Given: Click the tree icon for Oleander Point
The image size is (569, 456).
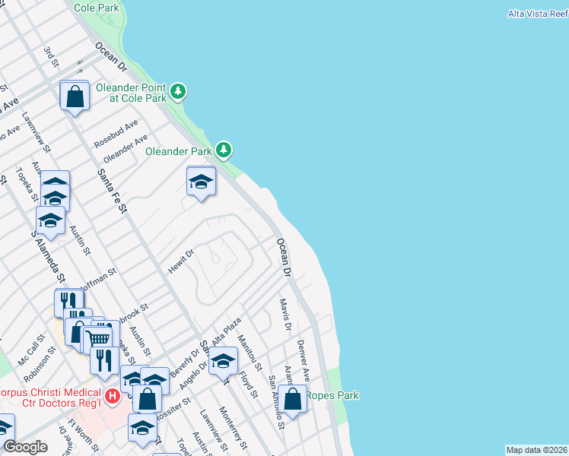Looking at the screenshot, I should [x=178, y=92].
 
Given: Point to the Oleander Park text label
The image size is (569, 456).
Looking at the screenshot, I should [x=178, y=151].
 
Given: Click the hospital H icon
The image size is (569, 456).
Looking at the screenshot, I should [x=113, y=396].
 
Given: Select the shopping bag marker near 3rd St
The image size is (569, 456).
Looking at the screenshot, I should [x=75, y=97].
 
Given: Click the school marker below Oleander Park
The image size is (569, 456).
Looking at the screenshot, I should [x=201, y=182].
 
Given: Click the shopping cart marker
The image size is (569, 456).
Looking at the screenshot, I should [x=100, y=337].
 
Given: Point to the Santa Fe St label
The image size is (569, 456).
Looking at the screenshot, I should [x=110, y=191].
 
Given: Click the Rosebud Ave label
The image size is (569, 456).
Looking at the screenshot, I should [x=116, y=133].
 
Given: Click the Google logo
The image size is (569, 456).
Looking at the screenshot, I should [x=24, y=447].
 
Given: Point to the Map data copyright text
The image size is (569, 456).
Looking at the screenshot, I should [x=536, y=450].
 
